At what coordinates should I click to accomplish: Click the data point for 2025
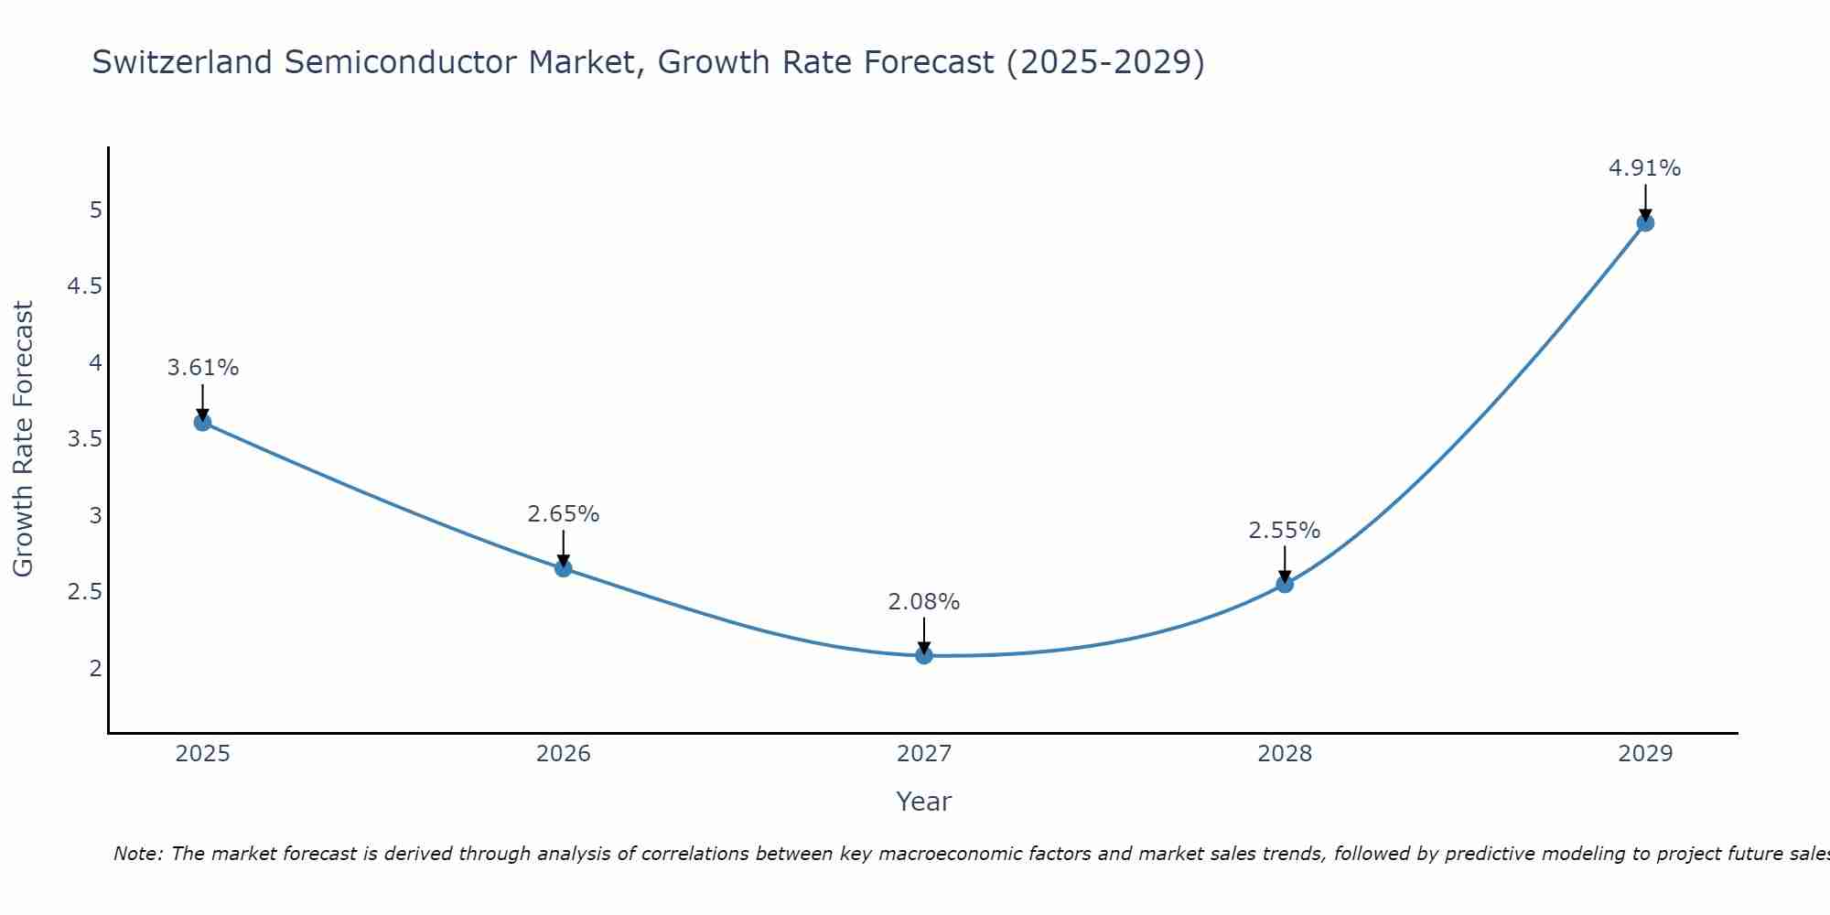tap(202, 422)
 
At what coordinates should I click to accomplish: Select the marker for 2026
tap(563, 568)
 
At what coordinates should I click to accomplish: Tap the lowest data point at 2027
tap(924, 655)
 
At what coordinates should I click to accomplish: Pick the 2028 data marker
tap(1285, 584)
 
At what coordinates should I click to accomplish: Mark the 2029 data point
tap(1645, 222)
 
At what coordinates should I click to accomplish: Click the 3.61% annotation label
tap(202, 368)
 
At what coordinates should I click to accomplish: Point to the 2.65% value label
tap(563, 514)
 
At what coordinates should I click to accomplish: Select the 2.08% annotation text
tap(924, 602)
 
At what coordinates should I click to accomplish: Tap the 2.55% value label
tap(1285, 531)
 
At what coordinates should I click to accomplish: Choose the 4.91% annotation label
tap(1645, 168)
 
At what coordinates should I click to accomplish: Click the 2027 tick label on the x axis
tap(924, 754)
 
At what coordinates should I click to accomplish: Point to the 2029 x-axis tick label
tap(1645, 754)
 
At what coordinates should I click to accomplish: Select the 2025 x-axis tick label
tap(202, 754)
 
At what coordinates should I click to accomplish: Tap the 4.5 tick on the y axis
tap(85, 287)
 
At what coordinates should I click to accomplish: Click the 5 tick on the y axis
tap(95, 210)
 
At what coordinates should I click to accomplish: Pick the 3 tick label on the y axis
tap(95, 516)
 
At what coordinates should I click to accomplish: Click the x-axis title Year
tap(924, 802)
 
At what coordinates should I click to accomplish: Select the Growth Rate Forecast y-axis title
tap(24, 439)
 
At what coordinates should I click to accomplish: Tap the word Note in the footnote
tap(137, 854)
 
